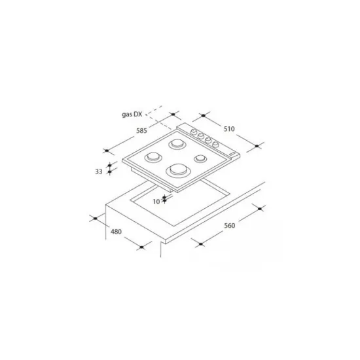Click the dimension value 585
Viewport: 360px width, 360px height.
tap(141, 131)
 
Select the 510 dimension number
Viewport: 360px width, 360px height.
tap(229, 129)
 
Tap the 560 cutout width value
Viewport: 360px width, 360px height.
tap(229, 226)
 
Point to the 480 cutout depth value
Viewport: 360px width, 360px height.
tap(116, 232)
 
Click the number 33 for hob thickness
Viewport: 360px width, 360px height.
tap(99, 171)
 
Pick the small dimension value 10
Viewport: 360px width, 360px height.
tap(156, 202)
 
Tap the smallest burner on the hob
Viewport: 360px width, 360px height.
tap(200, 158)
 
